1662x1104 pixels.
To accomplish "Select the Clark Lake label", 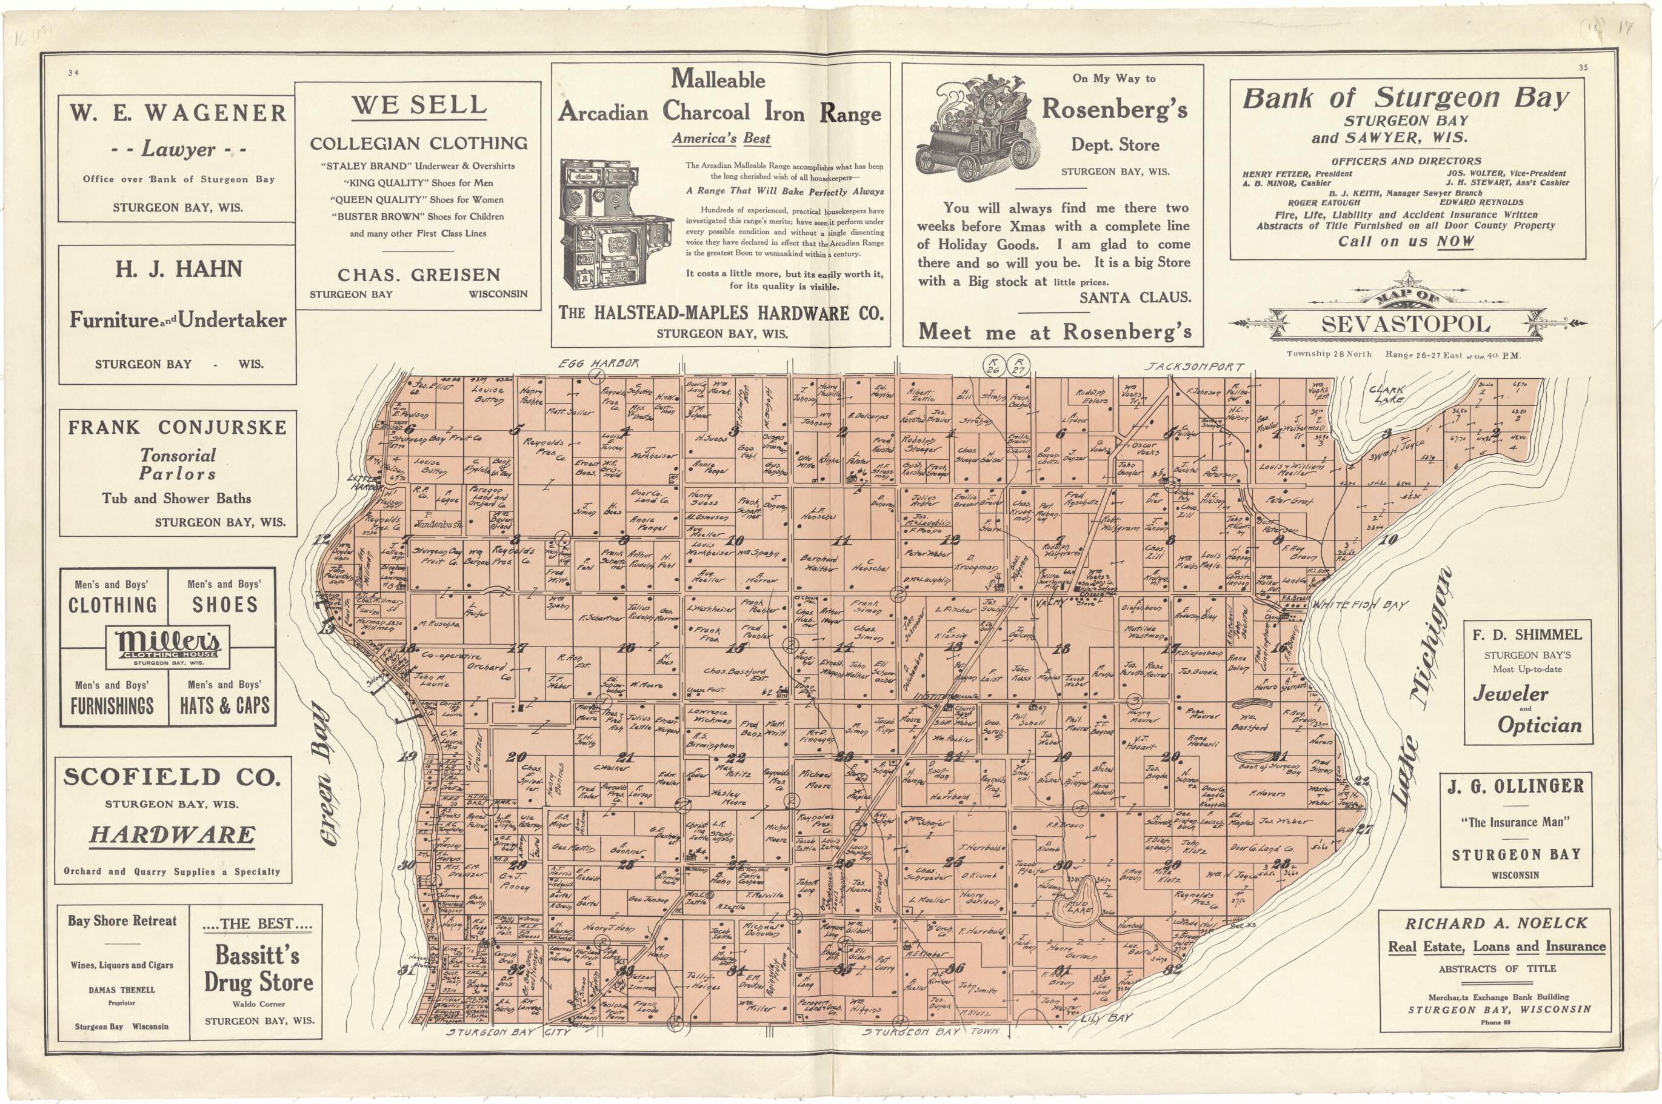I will pos(1387,394).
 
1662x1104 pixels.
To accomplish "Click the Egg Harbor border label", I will pos(598,364).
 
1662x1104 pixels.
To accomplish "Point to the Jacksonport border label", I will pos(1193,367).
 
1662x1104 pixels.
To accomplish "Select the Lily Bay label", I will pos(1109,1018).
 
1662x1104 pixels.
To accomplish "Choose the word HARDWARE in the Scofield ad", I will pos(173,835).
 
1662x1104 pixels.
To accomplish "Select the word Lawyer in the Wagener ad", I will pos(178,149).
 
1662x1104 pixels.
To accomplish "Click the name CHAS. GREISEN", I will pos(418,274).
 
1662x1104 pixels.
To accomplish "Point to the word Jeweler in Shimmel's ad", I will pos(1510,694).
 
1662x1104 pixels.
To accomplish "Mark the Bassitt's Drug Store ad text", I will pos(258,969).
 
